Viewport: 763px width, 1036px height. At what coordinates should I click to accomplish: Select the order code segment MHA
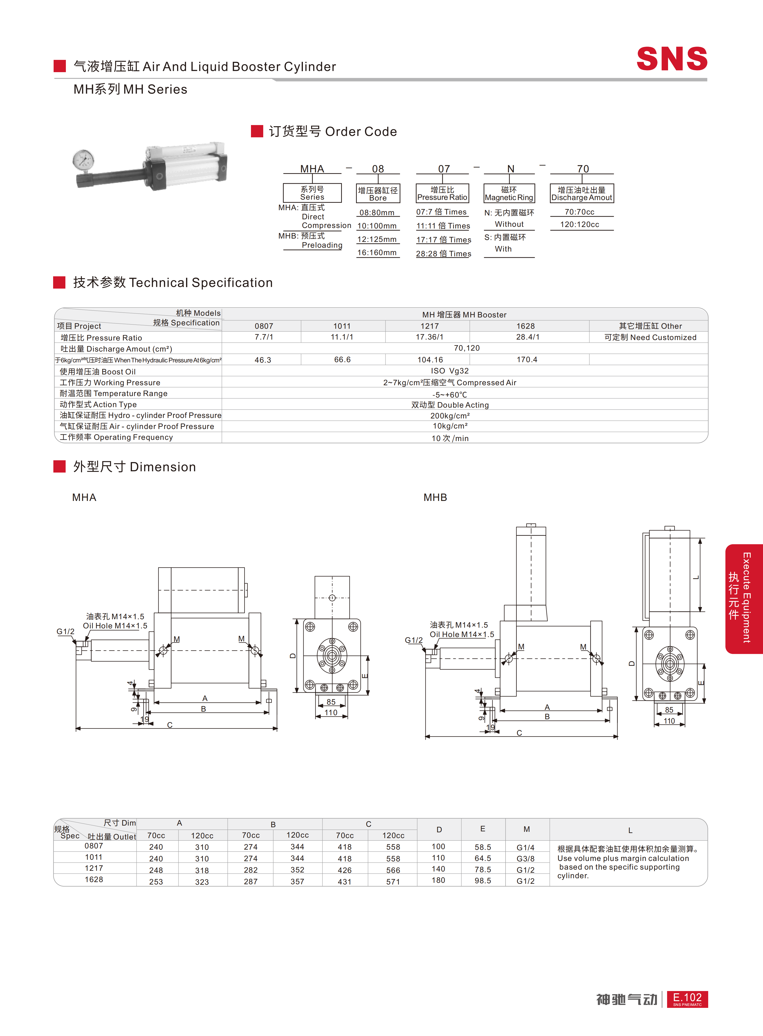coord(312,169)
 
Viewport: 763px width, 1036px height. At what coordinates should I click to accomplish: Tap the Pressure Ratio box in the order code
coord(443,193)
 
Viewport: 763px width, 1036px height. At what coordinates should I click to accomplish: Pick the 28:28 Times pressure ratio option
coord(443,254)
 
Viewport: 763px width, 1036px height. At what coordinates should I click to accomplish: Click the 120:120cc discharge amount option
coord(580,225)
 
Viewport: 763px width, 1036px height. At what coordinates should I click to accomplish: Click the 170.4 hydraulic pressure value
coord(527,360)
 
